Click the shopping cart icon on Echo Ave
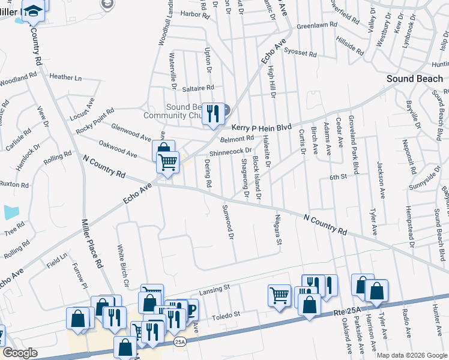tap(168, 161)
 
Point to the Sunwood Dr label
tap(227, 221)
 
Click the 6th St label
tap(338, 177)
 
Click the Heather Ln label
tap(65, 77)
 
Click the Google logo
tap(20, 353)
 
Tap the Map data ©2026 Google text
tap(411, 355)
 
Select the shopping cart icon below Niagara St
tap(279, 295)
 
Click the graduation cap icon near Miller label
tap(34, 10)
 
